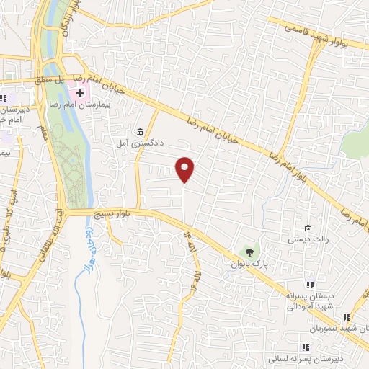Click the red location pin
point(185,169)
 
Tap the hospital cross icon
point(79,93)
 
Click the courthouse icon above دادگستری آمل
point(140,132)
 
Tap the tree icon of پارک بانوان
point(249,252)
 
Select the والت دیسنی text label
point(309,239)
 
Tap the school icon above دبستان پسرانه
point(311,285)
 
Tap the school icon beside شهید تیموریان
point(347,316)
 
